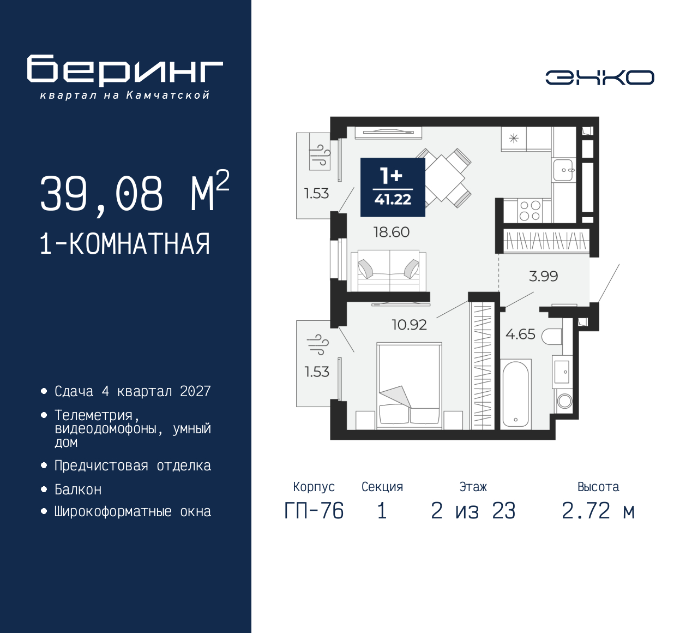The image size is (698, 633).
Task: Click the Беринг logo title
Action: [125, 70]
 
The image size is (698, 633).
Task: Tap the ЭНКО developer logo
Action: [599, 77]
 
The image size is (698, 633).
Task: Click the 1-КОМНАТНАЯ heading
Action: [125, 244]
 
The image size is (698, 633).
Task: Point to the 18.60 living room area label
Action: [391, 232]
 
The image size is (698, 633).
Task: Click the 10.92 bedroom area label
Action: [409, 325]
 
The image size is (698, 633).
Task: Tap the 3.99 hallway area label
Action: [543, 276]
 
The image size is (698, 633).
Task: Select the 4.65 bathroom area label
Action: [520, 334]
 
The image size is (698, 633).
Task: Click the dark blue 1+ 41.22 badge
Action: [393, 188]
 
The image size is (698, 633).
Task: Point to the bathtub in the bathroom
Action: [515, 393]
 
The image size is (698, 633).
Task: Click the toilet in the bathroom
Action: [552, 337]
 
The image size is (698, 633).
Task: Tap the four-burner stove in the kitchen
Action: [529, 211]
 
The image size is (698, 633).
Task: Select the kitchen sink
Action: [563, 170]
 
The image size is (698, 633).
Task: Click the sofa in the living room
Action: [388, 270]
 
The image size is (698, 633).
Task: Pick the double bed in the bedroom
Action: [409, 385]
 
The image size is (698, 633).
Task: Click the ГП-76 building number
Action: [314, 511]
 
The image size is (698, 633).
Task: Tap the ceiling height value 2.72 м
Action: [598, 511]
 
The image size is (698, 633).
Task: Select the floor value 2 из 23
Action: [473, 511]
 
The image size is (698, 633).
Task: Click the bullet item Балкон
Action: [78, 489]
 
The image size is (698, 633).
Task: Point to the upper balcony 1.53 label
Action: [316, 193]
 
